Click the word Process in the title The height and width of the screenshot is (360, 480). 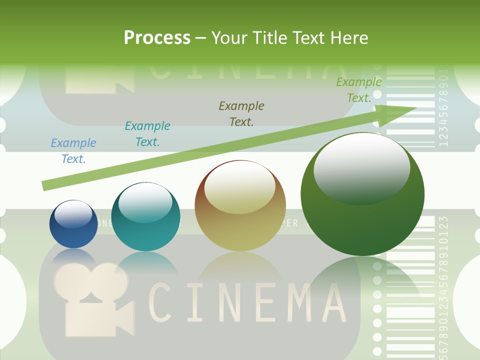pos(157,37)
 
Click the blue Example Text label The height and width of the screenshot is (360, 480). pos(73,151)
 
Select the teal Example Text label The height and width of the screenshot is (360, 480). pos(147,134)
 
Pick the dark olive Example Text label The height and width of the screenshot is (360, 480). pos(241,113)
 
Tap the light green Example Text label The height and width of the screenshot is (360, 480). pos(358,90)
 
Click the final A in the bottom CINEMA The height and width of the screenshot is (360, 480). pos(331,302)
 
